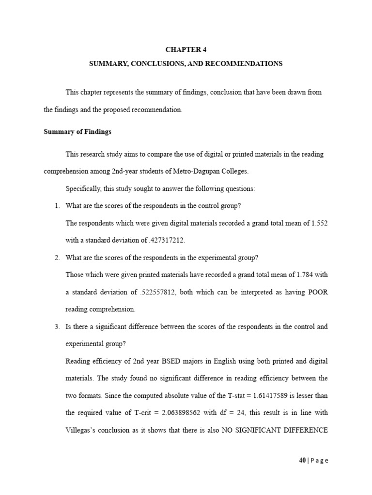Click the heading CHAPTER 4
(x=186, y=49)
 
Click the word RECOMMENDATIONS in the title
(x=244, y=63)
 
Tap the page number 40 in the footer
(x=302, y=461)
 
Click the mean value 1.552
(x=320, y=222)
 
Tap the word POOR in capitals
(x=318, y=292)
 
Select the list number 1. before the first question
(x=57, y=205)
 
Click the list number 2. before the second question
(x=57, y=258)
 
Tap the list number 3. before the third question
(x=57, y=327)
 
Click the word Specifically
(x=82, y=189)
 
